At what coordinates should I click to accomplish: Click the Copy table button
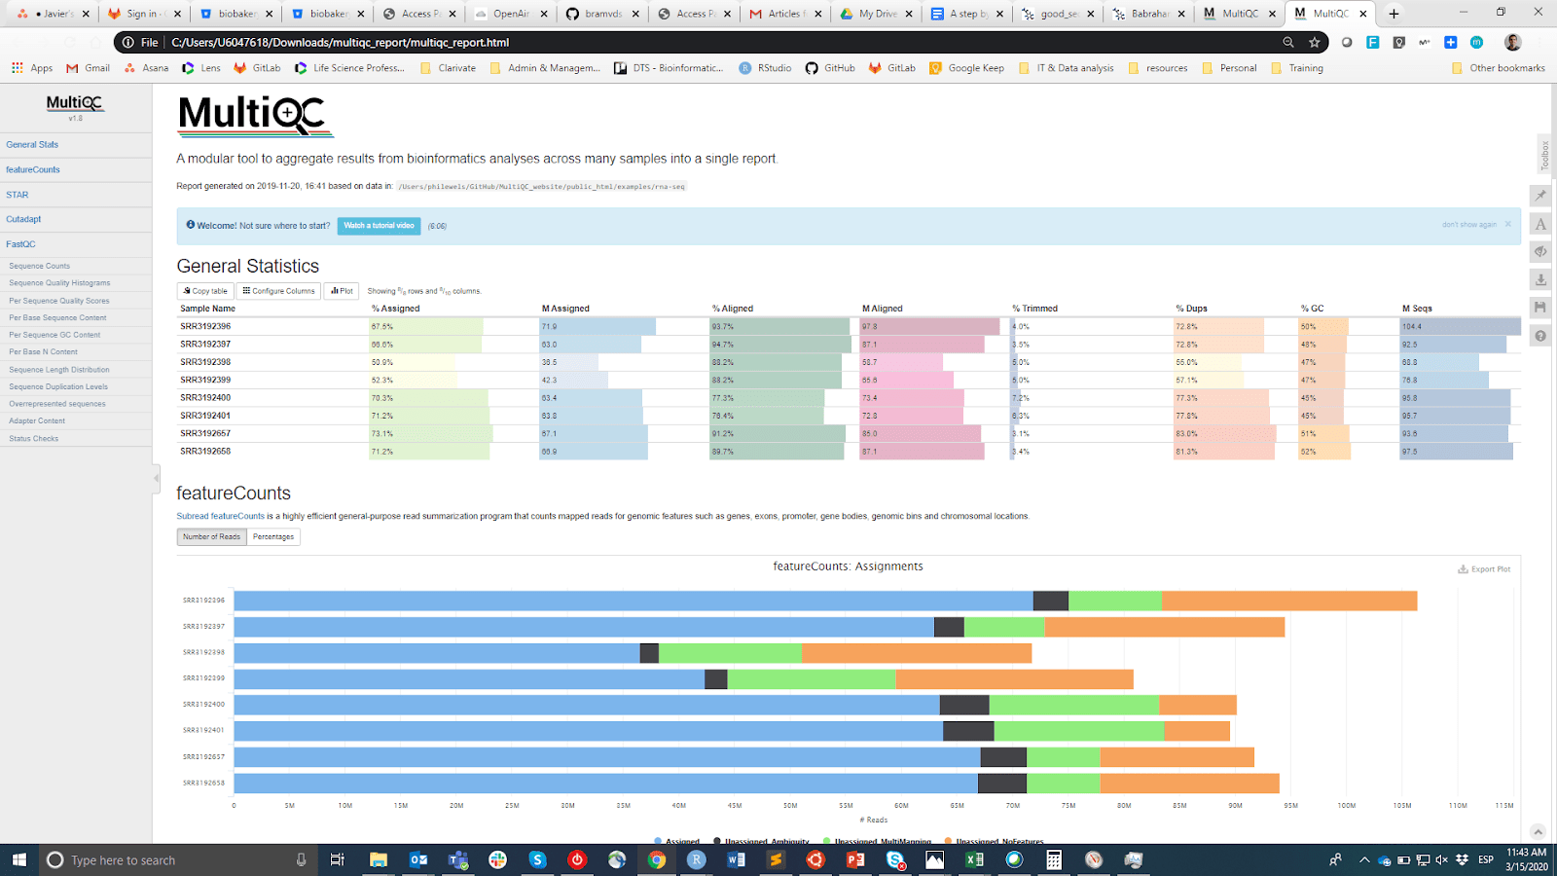pyautogui.click(x=205, y=291)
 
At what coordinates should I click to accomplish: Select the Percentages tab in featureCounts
pyautogui.click(x=273, y=537)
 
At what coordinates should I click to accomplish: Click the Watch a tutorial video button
pyautogui.click(x=379, y=226)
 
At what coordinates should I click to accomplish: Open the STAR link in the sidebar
pyautogui.click(x=18, y=195)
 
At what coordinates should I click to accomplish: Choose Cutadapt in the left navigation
pyautogui.click(x=23, y=219)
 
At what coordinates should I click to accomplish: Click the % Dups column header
pyautogui.click(x=1191, y=309)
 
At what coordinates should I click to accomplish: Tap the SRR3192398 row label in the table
pyautogui.click(x=205, y=362)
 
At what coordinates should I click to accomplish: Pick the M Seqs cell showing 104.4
pyautogui.click(x=1412, y=327)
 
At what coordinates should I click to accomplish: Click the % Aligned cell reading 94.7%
pyautogui.click(x=722, y=345)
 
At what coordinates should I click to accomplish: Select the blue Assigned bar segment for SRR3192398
pyautogui.click(x=436, y=653)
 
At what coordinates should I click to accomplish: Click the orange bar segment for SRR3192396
pyautogui.click(x=1288, y=601)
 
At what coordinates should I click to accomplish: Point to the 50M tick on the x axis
pyautogui.click(x=790, y=806)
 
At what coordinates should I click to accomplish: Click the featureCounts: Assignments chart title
pyautogui.click(x=848, y=566)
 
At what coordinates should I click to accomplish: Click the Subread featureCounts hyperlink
pyautogui.click(x=220, y=517)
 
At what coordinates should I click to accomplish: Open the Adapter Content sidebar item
pyautogui.click(x=37, y=421)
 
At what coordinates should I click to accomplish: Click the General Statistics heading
pyautogui.click(x=247, y=267)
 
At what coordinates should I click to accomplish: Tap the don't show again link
pyautogui.click(x=1468, y=225)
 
